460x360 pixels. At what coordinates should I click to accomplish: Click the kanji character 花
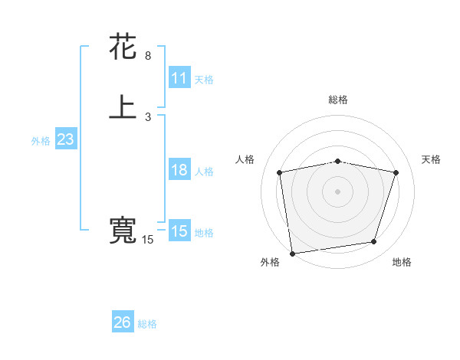[x=123, y=47]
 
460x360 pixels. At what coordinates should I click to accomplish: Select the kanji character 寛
[x=123, y=231]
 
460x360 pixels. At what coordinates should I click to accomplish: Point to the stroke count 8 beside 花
[x=148, y=56]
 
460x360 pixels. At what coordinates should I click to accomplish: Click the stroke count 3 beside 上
[x=148, y=117]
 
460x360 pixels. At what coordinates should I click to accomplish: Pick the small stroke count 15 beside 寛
[x=148, y=241]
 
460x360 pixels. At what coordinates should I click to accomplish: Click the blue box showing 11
[x=179, y=78]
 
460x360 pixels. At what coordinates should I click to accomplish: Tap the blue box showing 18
[x=179, y=170]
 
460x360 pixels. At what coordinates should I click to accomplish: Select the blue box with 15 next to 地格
[x=179, y=231]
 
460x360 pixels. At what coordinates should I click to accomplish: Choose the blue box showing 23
[x=65, y=139]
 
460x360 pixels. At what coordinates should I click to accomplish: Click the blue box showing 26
[x=123, y=322]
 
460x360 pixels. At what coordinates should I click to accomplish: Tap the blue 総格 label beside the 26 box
[x=147, y=324]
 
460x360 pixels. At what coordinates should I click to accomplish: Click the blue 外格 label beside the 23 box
[x=41, y=141]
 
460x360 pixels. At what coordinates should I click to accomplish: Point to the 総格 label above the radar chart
[x=338, y=100]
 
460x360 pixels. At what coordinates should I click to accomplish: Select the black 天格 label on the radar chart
[x=432, y=159]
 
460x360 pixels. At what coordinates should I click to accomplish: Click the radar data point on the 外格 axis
[x=292, y=253]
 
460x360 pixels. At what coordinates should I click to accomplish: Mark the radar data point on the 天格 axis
[x=396, y=172]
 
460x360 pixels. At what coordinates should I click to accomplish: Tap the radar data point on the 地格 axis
[x=374, y=242]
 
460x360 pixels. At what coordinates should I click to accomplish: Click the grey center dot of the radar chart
[x=338, y=191]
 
